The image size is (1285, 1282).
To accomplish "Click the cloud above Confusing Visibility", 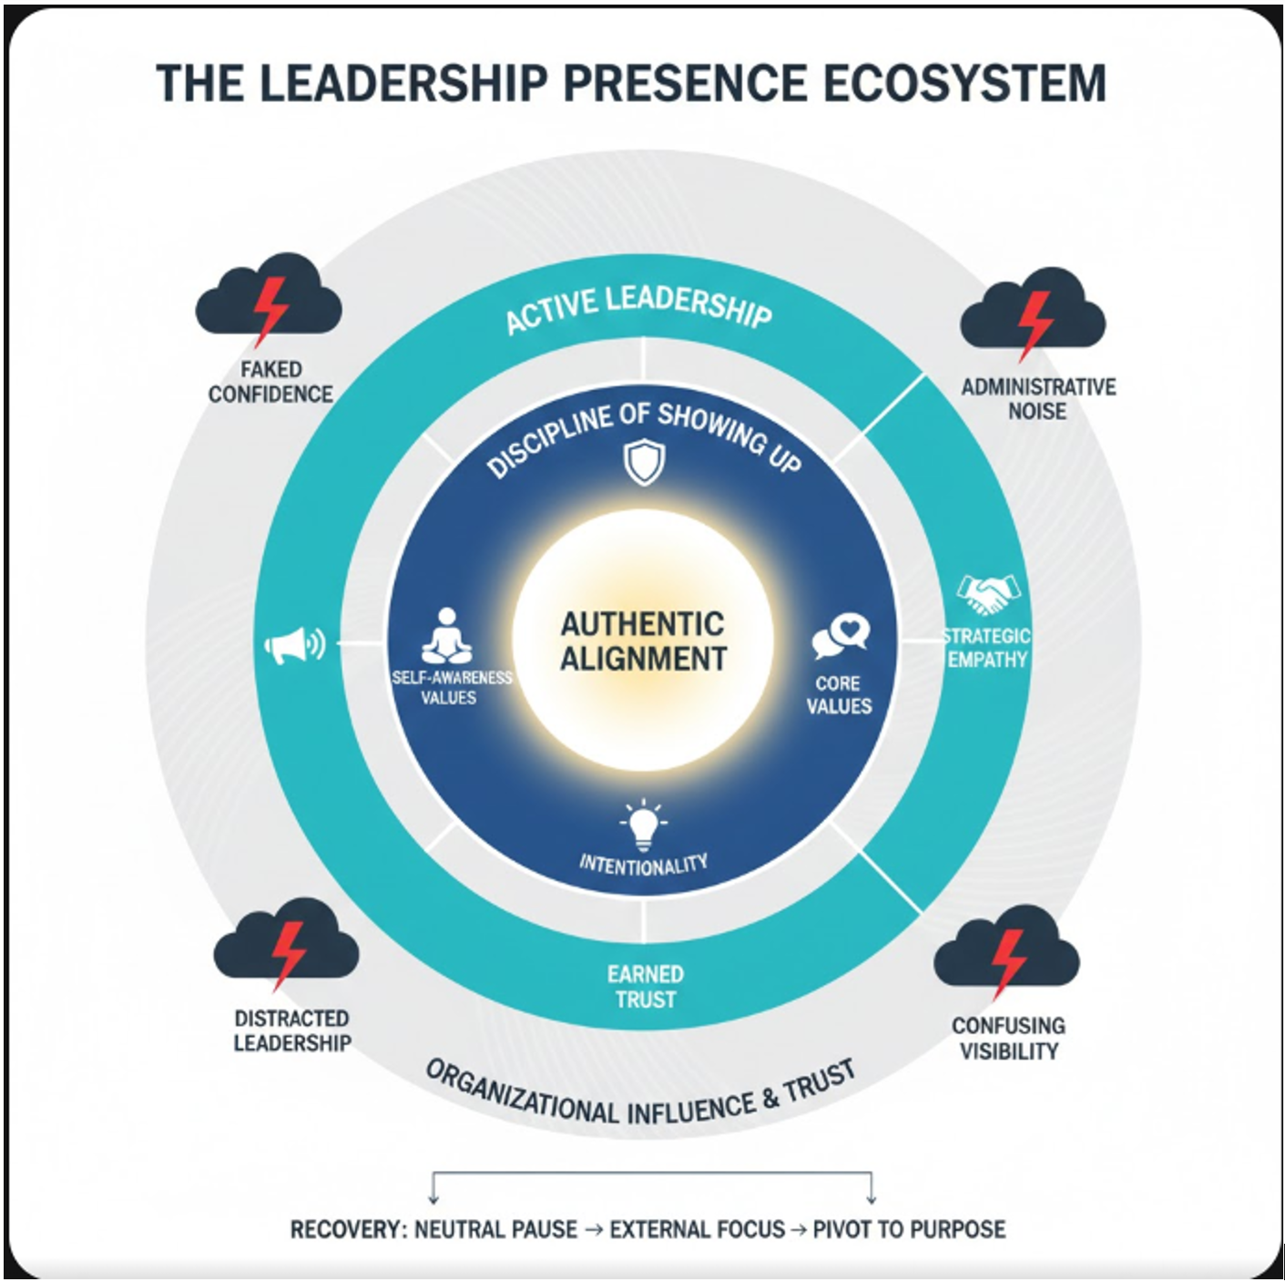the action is pos(1006,952).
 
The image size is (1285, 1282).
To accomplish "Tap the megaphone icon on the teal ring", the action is pos(295,645).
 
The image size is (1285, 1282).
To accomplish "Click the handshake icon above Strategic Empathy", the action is pos(988,594).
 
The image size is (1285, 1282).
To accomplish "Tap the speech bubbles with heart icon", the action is pos(841,637).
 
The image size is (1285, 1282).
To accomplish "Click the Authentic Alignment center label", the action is pos(643,642).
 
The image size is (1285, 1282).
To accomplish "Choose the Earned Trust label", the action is pos(645,987).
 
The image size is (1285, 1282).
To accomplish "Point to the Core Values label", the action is pos(839,694).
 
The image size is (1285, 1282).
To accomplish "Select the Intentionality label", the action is pos(644,865).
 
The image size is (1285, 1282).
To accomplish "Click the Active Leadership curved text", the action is pos(638,308).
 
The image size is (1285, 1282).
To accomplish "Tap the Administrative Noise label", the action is pos(1037,398).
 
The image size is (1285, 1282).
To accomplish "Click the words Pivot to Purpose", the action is pos(909,1229).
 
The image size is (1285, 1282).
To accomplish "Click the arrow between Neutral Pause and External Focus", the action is pos(594,1229).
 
